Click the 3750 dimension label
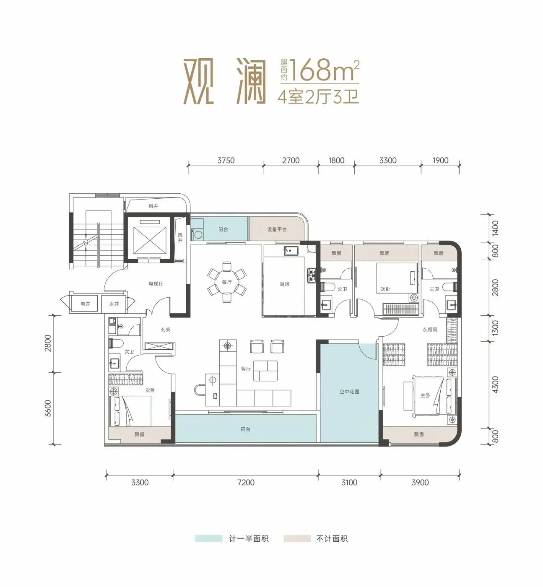click(226, 161)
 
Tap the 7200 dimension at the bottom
click(246, 482)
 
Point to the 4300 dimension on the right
click(496, 384)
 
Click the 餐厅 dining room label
click(227, 282)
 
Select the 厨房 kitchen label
click(284, 284)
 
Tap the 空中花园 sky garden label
click(349, 392)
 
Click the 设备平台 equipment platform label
click(277, 229)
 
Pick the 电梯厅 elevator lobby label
click(156, 284)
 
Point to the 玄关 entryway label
click(166, 329)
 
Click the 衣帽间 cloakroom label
click(429, 329)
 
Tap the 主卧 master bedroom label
click(425, 395)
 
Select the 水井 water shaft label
click(114, 304)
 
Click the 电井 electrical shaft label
click(86, 304)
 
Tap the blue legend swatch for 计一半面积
click(208, 538)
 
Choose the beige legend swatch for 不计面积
click(297, 538)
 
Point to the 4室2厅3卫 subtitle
click(318, 96)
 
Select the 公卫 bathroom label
click(342, 289)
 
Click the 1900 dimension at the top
click(440, 161)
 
